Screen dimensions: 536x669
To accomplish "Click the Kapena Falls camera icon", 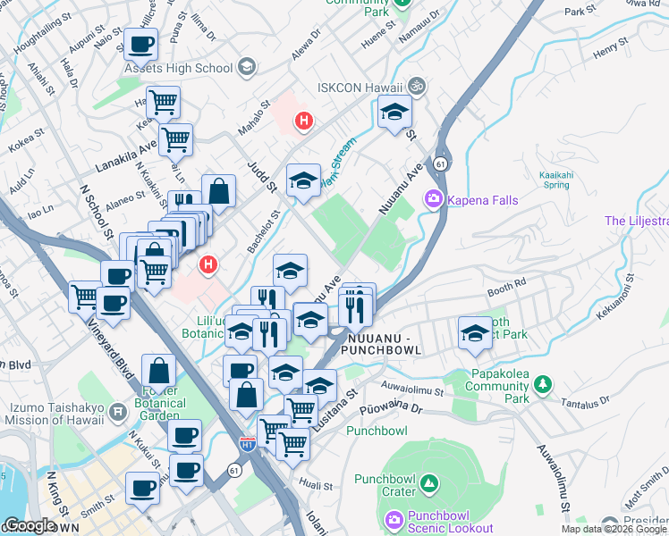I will [434, 199].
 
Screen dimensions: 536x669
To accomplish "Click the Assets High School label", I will [178, 68].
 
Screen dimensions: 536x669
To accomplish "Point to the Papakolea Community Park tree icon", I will [542, 384].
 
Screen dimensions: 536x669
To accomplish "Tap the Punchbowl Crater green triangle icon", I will [429, 483].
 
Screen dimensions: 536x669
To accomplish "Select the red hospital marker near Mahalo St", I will [304, 121].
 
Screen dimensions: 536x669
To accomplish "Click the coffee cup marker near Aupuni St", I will [140, 44].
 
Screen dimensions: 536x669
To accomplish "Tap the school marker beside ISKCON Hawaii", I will [393, 112].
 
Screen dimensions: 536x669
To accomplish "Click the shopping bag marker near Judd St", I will [218, 190].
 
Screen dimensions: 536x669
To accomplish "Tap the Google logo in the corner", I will [30, 525].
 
